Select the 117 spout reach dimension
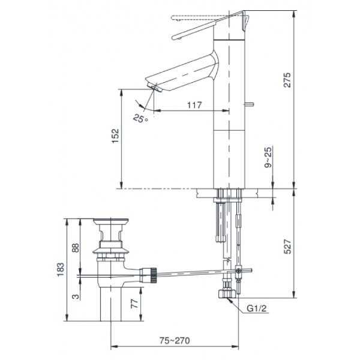tap(193, 104)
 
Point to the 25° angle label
tap(140, 118)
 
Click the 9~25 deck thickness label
tap(268, 158)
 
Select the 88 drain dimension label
tap(76, 248)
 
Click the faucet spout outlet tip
tap(157, 88)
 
